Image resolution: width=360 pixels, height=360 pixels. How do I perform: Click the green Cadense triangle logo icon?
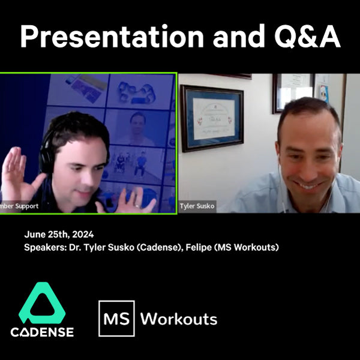(x=42, y=302)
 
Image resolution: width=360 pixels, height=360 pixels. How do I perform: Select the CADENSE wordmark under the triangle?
(x=42, y=332)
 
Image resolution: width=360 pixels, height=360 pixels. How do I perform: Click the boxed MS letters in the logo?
(x=116, y=318)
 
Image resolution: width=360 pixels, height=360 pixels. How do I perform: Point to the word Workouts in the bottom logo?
(x=178, y=318)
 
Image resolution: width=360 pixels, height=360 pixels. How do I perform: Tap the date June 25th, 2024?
(x=59, y=235)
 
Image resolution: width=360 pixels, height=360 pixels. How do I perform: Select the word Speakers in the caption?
(x=44, y=246)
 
